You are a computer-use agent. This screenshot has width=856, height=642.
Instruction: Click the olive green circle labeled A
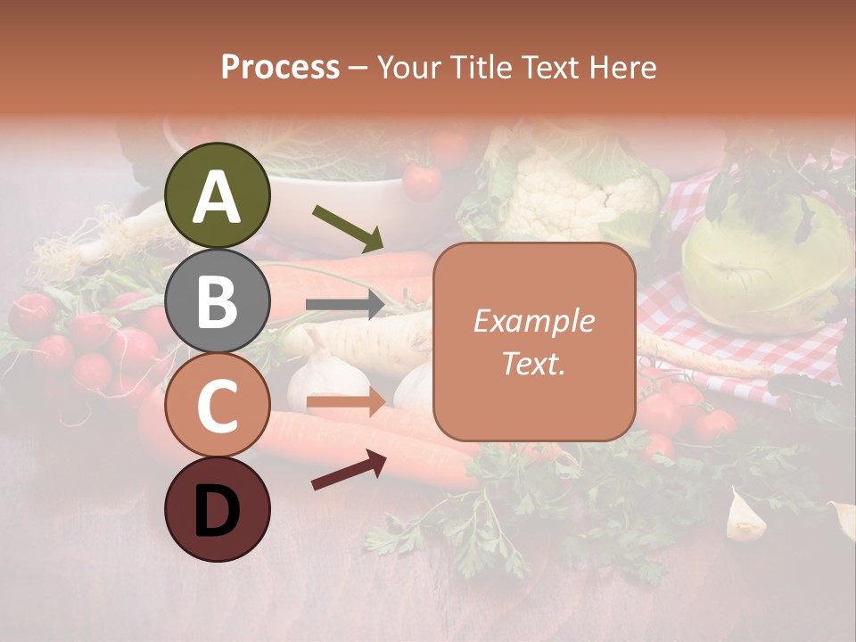[218, 195]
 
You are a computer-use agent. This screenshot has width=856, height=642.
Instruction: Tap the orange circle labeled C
[218, 405]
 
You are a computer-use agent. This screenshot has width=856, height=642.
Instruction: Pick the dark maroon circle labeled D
[218, 510]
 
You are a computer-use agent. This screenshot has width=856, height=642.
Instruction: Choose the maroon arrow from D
[349, 470]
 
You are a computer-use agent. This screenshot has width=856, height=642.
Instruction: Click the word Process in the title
[280, 67]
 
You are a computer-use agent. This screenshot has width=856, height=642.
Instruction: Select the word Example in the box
[533, 321]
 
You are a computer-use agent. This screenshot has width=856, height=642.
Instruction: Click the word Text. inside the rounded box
[533, 363]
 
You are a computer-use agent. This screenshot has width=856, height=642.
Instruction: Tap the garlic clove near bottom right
[745, 517]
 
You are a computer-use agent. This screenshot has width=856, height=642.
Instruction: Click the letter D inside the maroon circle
[218, 512]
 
